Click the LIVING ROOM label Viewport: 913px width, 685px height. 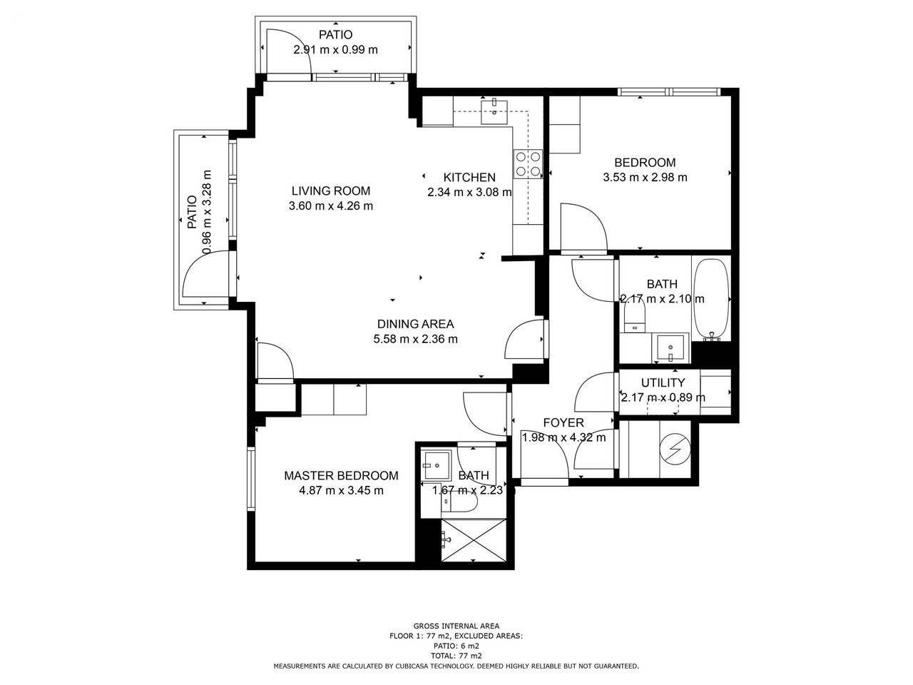331,191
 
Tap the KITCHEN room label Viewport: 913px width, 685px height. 469,178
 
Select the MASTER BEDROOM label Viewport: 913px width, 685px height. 341,475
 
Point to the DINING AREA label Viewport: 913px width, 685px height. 415,324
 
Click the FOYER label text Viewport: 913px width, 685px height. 563,422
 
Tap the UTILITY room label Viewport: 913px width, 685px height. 663,382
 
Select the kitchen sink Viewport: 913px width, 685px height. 494,112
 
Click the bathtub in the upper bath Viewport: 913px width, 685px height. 711,300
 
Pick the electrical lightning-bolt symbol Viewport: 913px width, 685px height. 675,450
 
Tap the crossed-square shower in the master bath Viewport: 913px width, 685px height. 474,540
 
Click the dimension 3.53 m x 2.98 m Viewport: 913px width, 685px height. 645,178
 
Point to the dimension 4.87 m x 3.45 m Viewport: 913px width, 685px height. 341,491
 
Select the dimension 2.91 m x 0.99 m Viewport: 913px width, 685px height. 336,50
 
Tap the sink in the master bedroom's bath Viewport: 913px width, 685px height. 437,465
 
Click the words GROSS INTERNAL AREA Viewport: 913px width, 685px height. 456,626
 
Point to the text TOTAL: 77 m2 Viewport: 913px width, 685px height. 456,656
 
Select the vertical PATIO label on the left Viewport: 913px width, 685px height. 192,212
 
